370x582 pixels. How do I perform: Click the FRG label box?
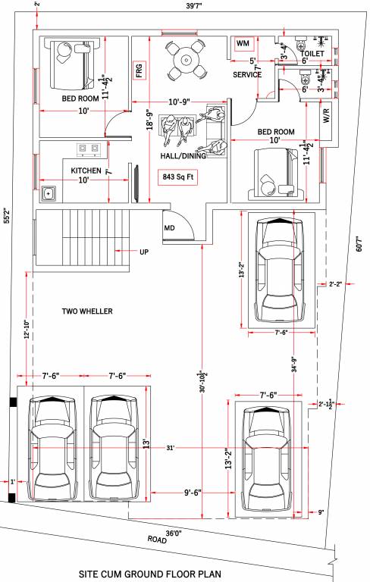[140, 70]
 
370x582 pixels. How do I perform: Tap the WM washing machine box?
[243, 44]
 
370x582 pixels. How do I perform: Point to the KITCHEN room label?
[86, 171]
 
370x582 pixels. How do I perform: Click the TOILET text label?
[312, 55]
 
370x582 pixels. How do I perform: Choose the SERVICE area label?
[247, 75]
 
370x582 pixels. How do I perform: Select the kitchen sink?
[50, 194]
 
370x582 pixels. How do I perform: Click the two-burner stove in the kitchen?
[89, 149]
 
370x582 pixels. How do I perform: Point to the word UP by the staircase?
[143, 252]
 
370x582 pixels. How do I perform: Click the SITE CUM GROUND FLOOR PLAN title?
[161, 574]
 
